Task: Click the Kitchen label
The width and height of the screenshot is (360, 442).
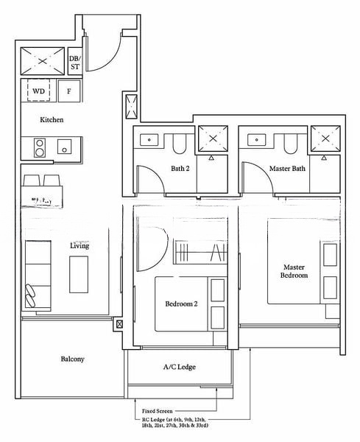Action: [52, 119]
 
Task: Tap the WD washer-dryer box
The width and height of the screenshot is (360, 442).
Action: [38, 91]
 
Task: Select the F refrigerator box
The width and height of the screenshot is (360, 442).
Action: [68, 91]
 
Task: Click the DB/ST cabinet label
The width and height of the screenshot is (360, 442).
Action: [75, 63]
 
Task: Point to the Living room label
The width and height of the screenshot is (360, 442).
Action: [80, 245]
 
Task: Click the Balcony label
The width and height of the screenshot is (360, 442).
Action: [72, 359]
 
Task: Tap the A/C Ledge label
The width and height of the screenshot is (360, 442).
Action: [179, 366]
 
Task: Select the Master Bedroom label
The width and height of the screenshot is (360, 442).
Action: [294, 270]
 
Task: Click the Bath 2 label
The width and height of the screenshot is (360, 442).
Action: [180, 167]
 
